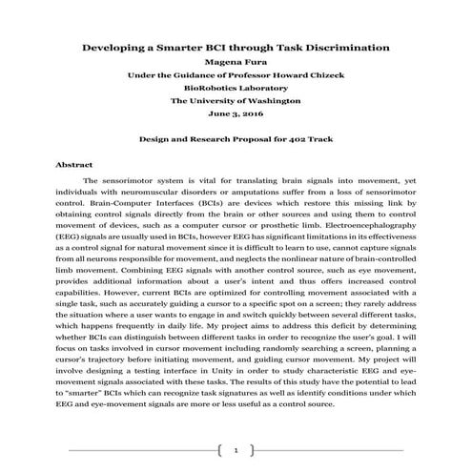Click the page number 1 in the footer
236,448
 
